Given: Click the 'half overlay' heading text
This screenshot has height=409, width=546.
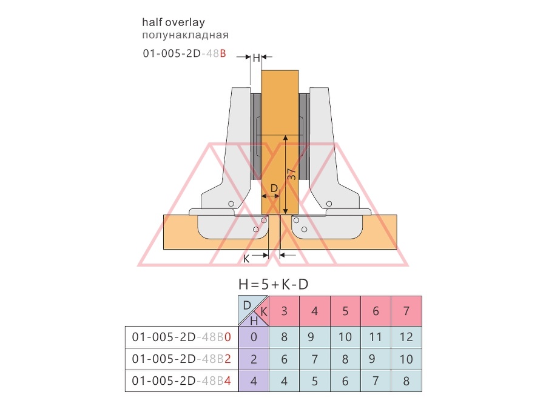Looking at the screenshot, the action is pyautogui.click(x=174, y=22).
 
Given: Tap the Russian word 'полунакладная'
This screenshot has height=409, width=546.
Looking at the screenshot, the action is pyautogui.click(x=185, y=35).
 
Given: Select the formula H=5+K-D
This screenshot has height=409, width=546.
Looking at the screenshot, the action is pyautogui.click(x=274, y=285).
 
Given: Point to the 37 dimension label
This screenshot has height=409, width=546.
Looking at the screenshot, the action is pyautogui.click(x=292, y=174).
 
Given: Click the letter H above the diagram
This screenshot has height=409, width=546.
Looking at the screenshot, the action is pyautogui.click(x=256, y=58).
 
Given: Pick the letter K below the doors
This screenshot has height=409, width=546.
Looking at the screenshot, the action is pyautogui.click(x=246, y=259).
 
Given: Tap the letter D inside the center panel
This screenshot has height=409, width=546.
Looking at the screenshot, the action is pyautogui.click(x=274, y=188).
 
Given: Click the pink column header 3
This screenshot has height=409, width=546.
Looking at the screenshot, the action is pyautogui.click(x=284, y=311).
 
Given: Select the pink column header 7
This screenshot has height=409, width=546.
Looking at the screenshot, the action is pyautogui.click(x=406, y=311).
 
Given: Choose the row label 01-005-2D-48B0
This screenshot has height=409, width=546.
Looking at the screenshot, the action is pyautogui.click(x=181, y=337).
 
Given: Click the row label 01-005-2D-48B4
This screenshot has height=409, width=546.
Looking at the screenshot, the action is pyautogui.click(x=181, y=381).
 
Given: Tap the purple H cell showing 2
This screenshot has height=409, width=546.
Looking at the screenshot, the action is pyautogui.click(x=254, y=359).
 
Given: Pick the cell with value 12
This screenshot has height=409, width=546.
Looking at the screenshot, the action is pyautogui.click(x=406, y=337).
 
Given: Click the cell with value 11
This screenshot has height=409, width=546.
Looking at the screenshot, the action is pyautogui.click(x=376, y=337).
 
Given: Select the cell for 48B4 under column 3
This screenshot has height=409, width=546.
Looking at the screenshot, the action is pyautogui.click(x=284, y=381).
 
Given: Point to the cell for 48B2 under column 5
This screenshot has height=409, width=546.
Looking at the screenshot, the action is pyautogui.click(x=345, y=359).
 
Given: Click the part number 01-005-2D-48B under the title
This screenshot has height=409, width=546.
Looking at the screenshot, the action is pyautogui.click(x=184, y=53).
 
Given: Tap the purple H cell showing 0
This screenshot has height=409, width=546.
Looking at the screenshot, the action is pyautogui.click(x=254, y=337).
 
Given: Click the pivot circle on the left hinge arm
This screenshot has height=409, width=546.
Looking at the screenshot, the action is pyautogui.click(x=231, y=204).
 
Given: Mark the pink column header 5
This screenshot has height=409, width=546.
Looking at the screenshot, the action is pyautogui.click(x=345, y=311).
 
